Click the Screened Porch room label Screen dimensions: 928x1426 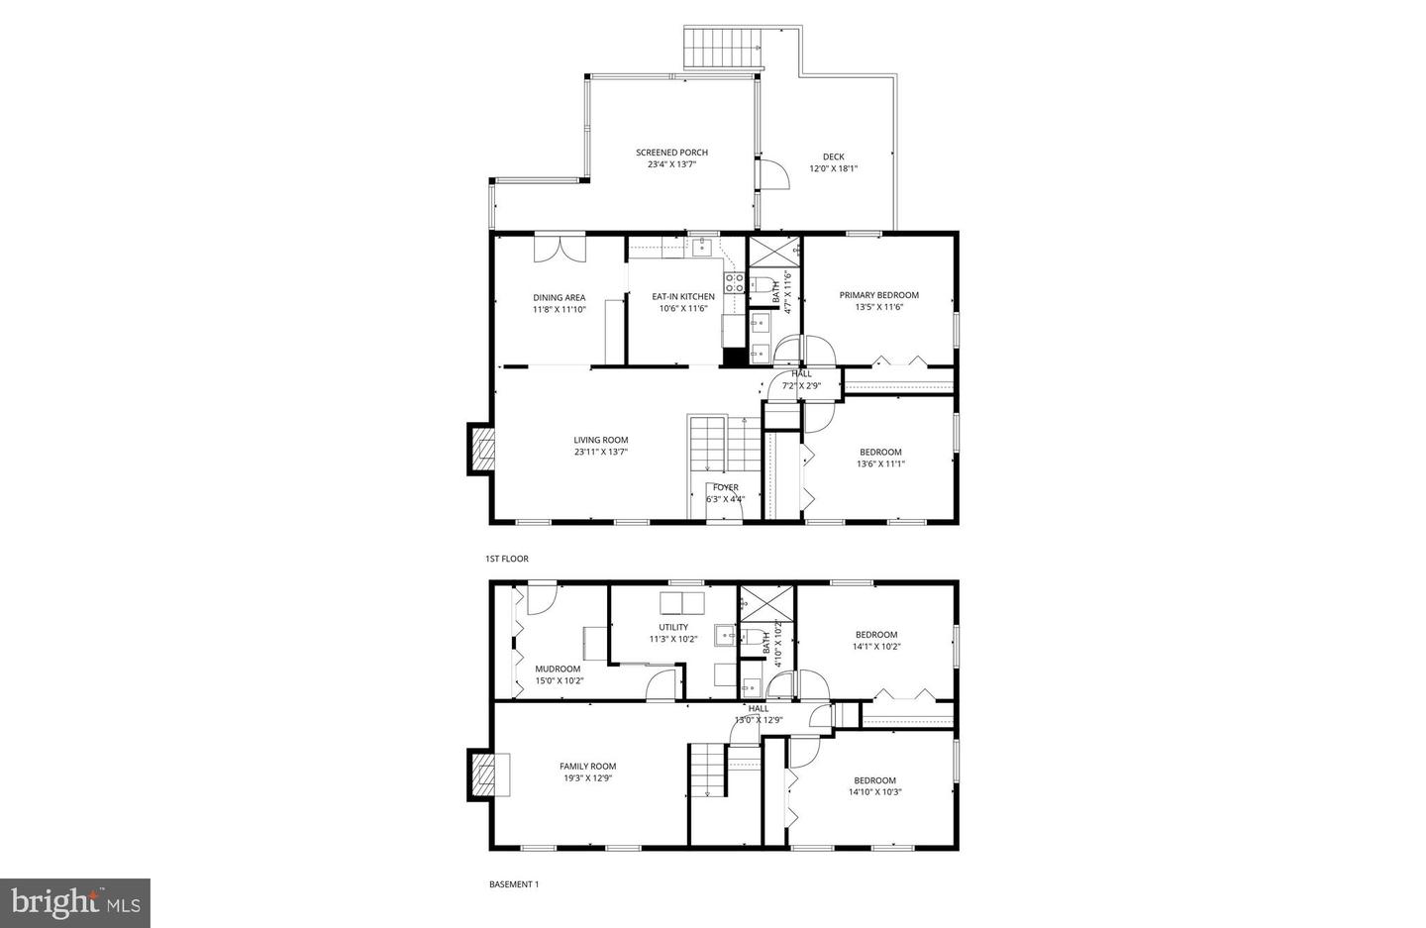click(x=671, y=153)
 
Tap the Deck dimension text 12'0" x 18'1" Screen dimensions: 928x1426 click(x=833, y=169)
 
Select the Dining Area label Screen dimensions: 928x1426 click(x=559, y=297)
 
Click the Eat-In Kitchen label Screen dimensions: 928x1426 click(x=682, y=296)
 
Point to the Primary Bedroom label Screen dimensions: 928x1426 click(x=878, y=295)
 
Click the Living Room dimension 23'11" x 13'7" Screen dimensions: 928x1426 click(x=600, y=453)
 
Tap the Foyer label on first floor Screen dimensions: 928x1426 click(x=725, y=487)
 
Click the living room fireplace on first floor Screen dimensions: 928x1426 click(x=481, y=451)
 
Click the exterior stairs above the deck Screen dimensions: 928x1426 click(x=724, y=48)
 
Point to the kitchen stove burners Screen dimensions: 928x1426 click(x=734, y=283)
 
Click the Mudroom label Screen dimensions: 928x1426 click(x=558, y=669)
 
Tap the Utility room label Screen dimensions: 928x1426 click(x=673, y=627)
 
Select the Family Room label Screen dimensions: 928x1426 click(x=587, y=766)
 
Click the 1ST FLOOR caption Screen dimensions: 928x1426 click(x=507, y=559)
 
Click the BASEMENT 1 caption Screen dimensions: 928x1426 click(x=514, y=884)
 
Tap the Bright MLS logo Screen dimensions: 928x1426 click(x=75, y=902)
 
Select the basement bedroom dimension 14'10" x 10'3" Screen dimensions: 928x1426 click(x=874, y=792)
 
